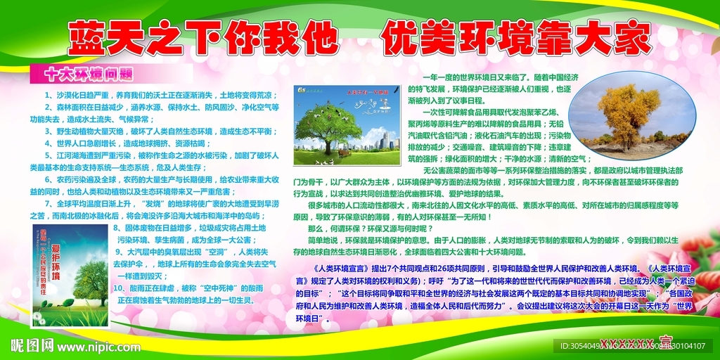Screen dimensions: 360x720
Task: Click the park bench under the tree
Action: coord(344,152)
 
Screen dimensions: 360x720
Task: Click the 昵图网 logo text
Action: coord(31,346)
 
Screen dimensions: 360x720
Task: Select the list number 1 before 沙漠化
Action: coord(47,95)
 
